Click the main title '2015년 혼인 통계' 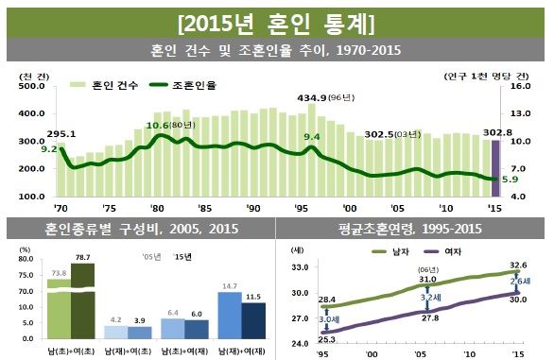[x=277, y=20]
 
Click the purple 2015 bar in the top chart [x=494, y=170]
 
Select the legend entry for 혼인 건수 [x=108, y=85]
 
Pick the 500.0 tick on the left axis [x=33, y=86]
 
